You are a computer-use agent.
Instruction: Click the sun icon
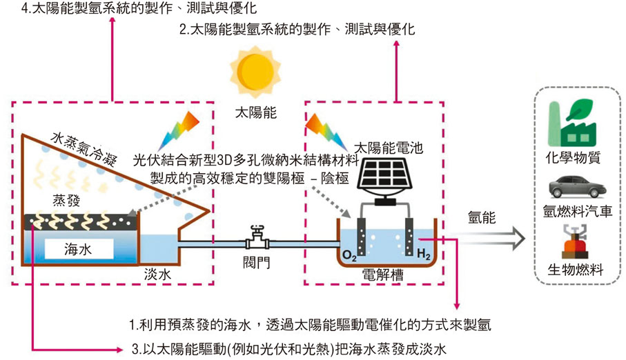pyautogui.click(x=256, y=70)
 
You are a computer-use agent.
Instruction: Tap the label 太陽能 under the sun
pyautogui.click(x=256, y=112)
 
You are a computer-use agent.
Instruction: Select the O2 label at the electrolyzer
pyautogui.click(x=350, y=257)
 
